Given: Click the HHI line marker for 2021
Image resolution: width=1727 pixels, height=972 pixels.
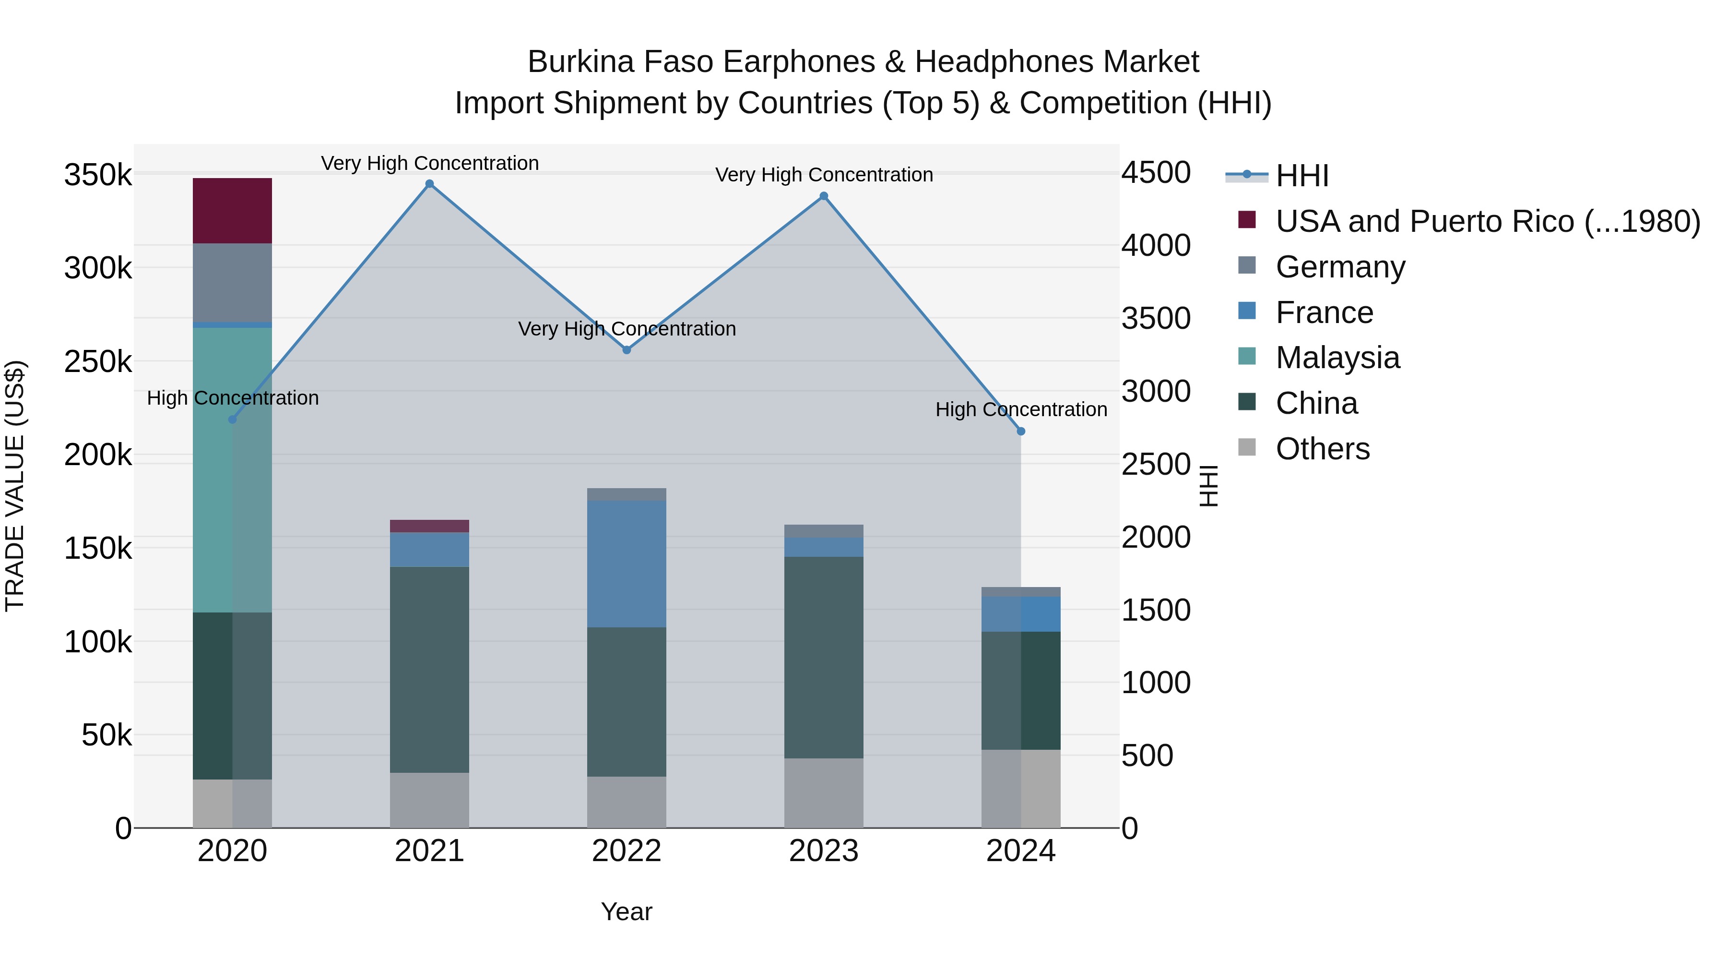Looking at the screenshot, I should pos(430,184).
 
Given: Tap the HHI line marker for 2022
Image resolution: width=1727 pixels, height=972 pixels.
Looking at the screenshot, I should pos(627,349).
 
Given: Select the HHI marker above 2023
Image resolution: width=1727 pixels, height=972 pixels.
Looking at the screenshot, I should pos(824,196).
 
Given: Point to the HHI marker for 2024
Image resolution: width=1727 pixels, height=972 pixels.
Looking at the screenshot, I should pos(1021,432).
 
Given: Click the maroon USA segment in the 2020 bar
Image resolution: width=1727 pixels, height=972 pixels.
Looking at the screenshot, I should pos(232,211).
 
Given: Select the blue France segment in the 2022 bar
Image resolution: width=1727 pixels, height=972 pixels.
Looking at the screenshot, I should pos(627,564).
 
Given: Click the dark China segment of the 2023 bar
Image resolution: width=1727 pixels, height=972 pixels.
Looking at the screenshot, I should pos(824,658).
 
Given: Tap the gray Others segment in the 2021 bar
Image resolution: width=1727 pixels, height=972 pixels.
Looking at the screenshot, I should pos(430,800).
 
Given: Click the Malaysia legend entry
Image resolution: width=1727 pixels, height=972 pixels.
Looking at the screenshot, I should pos(1337,358).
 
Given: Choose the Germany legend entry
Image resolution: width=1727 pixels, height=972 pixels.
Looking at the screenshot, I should pos(1339,267).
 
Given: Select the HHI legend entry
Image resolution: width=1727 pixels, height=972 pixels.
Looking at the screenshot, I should pos(1301,176).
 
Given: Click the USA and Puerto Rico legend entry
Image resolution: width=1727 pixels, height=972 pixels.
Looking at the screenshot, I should pos(1487,221).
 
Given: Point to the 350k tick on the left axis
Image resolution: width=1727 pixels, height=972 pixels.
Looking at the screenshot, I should pos(98,175).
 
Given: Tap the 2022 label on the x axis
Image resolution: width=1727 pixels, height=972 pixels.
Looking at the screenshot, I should pos(627,851).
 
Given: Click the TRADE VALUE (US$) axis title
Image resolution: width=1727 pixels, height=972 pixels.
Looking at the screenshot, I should pos(15,486).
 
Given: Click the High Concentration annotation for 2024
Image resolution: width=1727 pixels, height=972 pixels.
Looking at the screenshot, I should pos(1021,409).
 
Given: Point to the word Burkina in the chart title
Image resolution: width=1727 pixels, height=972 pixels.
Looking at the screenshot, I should pos(580,62).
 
